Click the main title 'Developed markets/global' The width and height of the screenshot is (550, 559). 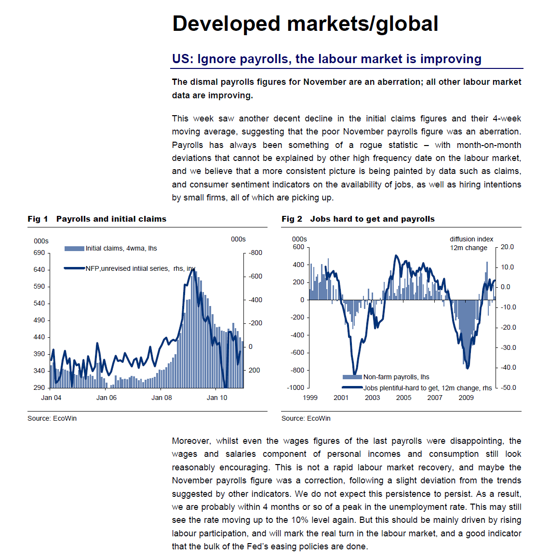pyautogui.click(x=305, y=24)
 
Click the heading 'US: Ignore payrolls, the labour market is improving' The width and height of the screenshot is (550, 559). pyautogui.click(x=326, y=59)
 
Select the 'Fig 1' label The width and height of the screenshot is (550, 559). pyautogui.click(x=38, y=219)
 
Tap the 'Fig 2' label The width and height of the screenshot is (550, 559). pyautogui.click(x=292, y=219)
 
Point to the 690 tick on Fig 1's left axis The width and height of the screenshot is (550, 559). pyautogui.click(x=39, y=253)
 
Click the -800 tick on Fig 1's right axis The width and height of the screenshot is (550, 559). pyautogui.click(x=255, y=253)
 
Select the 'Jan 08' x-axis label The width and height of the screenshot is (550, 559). pyautogui.click(x=161, y=398)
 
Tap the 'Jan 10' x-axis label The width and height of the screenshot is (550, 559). pyautogui.click(x=217, y=398)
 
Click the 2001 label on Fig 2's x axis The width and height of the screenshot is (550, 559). pyautogui.click(x=341, y=398)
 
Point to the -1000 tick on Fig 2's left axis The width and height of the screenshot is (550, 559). pyautogui.click(x=295, y=387)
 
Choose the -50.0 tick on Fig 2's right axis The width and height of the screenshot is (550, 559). pyautogui.click(x=508, y=387)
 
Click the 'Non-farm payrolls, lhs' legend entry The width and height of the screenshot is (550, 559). pyautogui.click(x=396, y=377)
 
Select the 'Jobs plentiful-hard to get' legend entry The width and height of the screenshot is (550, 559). pyautogui.click(x=427, y=388)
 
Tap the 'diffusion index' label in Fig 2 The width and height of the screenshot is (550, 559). pyautogui.click(x=471, y=239)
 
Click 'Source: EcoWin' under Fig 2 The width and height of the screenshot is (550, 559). pyautogui.click(x=306, y=418)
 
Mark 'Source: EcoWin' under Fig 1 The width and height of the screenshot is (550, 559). pyautogui.click(x=52, y=418)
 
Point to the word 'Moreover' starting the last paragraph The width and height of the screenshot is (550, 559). pyautogui.click(x=191, y=441)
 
